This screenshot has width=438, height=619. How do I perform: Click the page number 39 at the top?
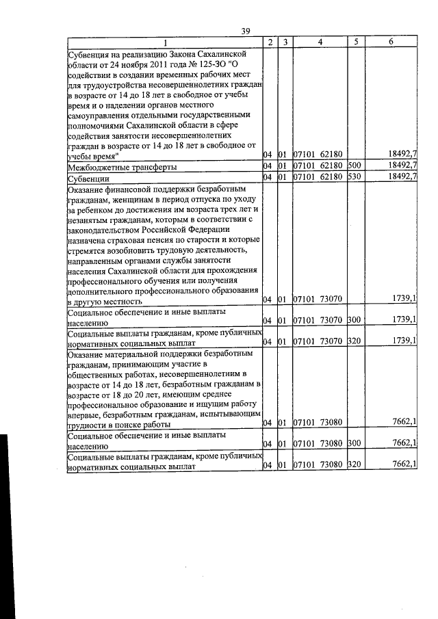pyautogui.click(x=248, y=30)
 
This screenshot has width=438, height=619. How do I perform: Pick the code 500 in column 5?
pyautogui.click(x=354, y=166)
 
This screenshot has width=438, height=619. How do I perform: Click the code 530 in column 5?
pyautogui.click(x=354, y=177)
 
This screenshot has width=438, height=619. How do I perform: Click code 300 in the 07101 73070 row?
pyautogui.click(x=354, y=319)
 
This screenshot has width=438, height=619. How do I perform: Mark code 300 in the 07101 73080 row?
pyautogui.click(x=354, y=444)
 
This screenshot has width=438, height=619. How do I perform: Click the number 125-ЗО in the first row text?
pyautogui.click(x=201, y=64)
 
